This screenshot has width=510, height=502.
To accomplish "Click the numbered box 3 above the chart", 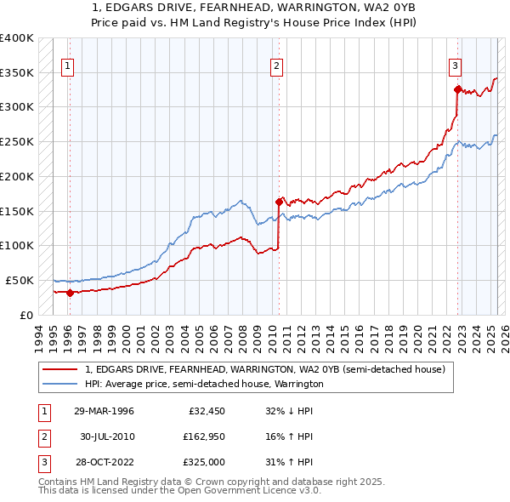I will point(456,65).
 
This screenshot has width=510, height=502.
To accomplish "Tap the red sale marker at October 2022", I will point(457,89).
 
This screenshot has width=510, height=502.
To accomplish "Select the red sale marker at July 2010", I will point(278,202).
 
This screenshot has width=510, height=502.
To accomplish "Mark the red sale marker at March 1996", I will point(70,293).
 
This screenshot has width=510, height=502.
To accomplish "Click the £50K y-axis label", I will point(19,280).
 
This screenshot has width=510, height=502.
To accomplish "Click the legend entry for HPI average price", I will point(204,384).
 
